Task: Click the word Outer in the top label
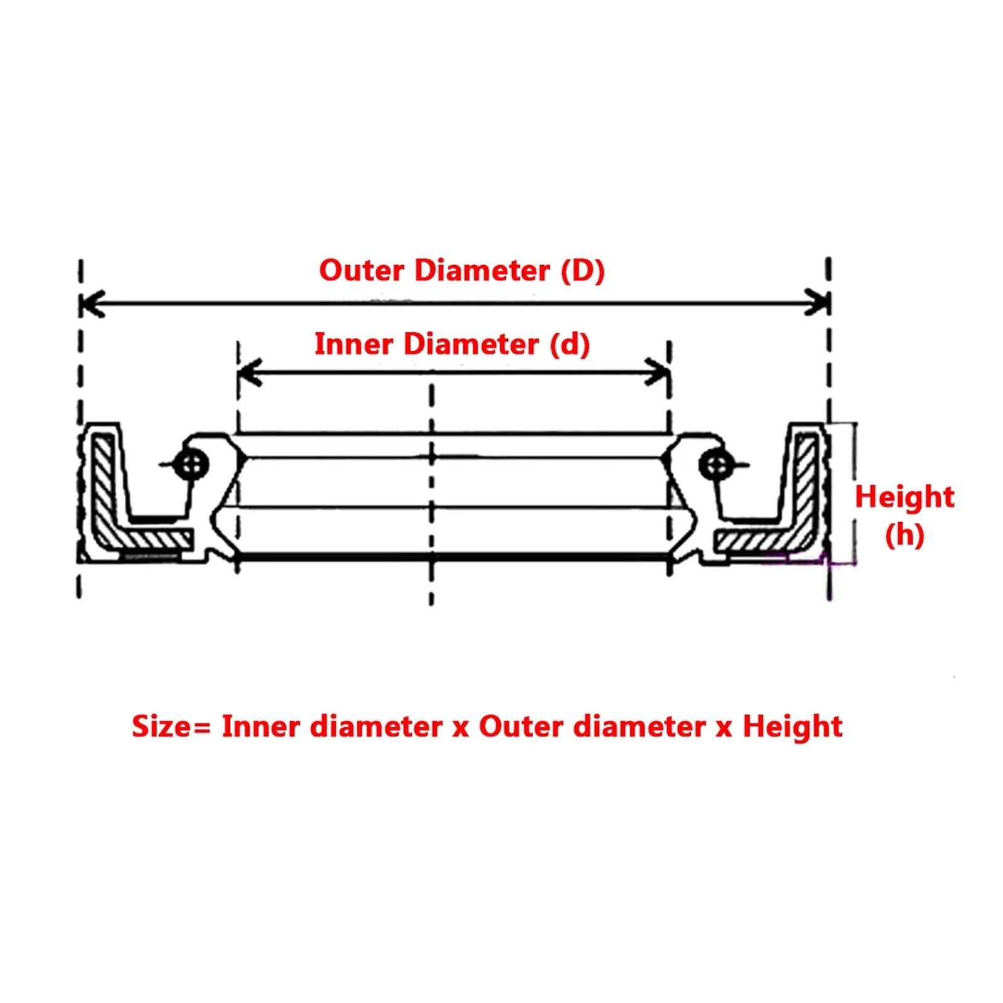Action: coord(361,271)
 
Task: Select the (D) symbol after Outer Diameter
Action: coord(582,271)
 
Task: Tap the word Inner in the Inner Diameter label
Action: coord(354,344)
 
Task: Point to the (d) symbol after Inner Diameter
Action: coord(570,344)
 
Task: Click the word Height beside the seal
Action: coord(904,497)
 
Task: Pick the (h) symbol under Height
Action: coord(904,535)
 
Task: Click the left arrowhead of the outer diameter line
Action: coord(91,304)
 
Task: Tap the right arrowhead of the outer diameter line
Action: coord(819,303)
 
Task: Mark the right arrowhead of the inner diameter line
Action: coord(659,372)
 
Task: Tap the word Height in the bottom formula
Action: coord(792,727)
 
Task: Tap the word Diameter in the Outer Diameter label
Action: coord(482,271)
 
